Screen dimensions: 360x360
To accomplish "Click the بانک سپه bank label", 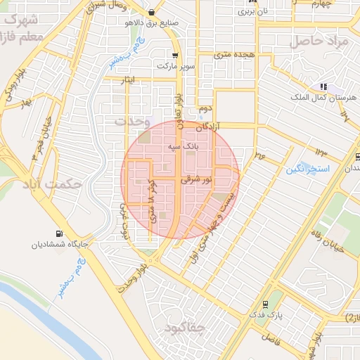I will pos(182,148).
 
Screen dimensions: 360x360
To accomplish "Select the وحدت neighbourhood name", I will pos(133,121).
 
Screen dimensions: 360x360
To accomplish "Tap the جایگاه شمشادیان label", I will pos(58,245).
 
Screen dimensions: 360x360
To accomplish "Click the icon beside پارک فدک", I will pos(265,304).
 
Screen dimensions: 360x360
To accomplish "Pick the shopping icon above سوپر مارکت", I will pos(174,55).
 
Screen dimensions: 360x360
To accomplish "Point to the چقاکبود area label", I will pos(184,328).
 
